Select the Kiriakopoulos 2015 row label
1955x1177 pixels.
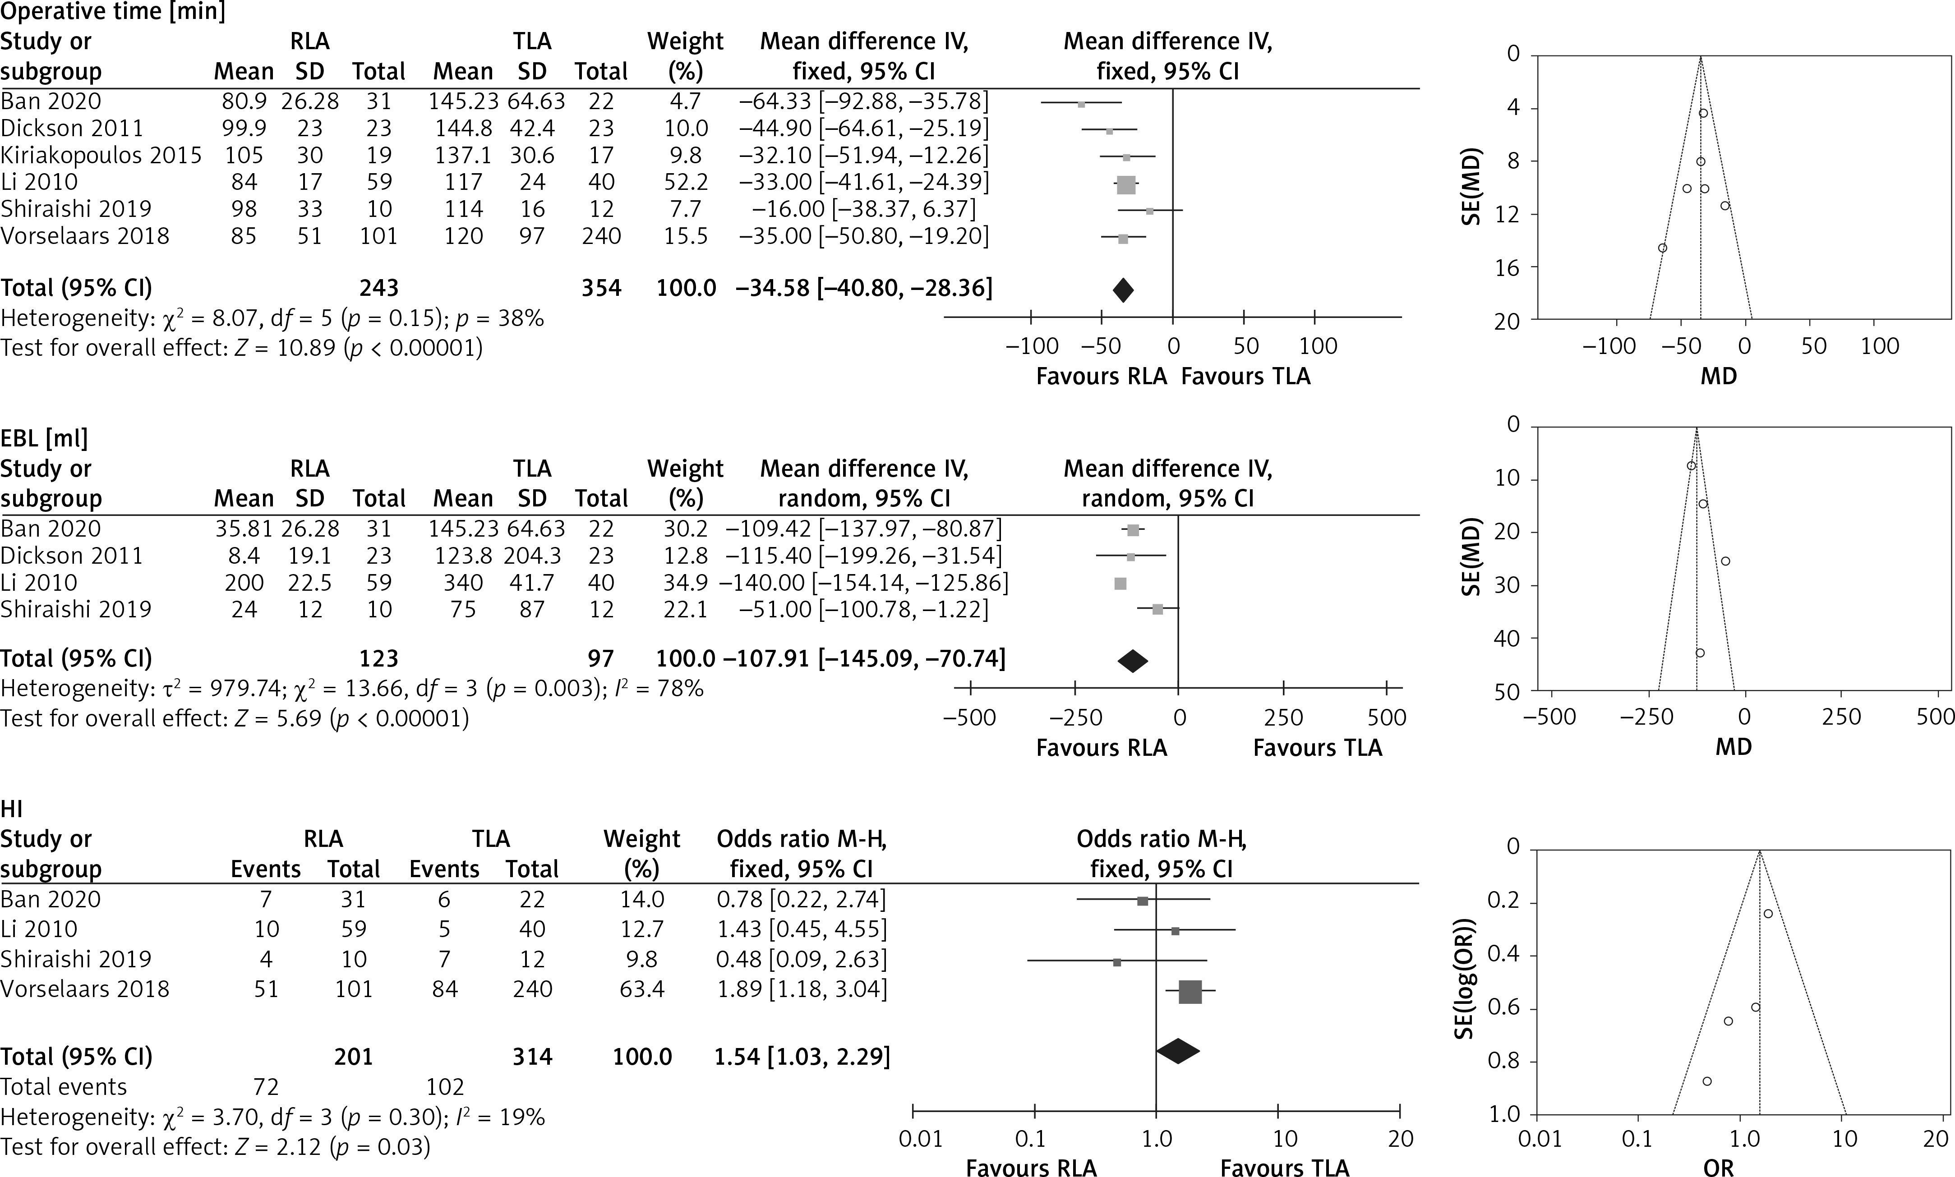click(101, 156)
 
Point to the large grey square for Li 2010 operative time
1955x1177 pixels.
click(1126, 186)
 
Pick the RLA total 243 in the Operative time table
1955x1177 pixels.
click(378, 288)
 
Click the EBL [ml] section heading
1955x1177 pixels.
click(44, 439)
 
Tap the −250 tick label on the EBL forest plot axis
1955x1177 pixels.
click(1075, 718)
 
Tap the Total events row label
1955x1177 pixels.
click(64, 1087)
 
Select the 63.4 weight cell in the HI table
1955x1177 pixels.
click(641, 989)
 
